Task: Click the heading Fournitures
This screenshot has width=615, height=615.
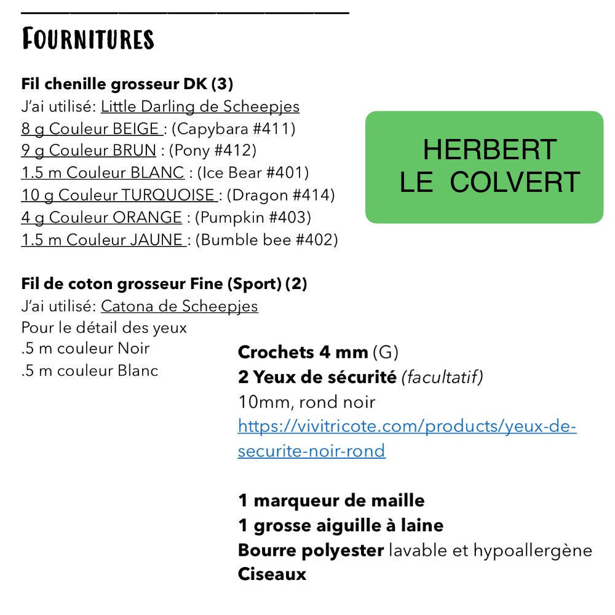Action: click(x=87, y=39)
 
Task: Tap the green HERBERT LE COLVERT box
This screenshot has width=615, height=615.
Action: click(x=485, y=167)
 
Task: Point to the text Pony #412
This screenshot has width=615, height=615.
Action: click(x=212, y=151)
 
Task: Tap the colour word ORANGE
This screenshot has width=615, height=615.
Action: click(x=147, y=218)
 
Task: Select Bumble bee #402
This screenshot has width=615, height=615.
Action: click(x=266, y=240)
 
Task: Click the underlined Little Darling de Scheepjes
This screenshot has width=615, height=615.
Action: click(x=200, y=107)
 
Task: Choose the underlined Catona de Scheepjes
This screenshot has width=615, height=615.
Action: click(x=179, y=306)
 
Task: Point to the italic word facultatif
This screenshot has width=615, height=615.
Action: click(x=442, y=378)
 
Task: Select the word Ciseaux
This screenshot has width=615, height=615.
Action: click(x=272, y=574)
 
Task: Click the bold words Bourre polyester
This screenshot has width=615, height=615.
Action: click(x=311, y=550)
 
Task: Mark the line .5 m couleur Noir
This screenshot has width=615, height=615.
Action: click(x=85, y=349)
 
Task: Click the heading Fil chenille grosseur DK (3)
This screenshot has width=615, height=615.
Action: click(x=127, y=84)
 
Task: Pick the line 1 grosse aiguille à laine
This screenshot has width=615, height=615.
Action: click(x=341, y=525)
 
